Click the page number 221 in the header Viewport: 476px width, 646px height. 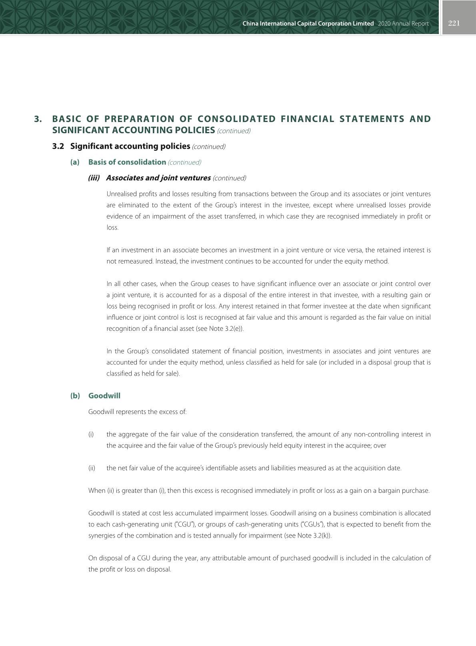[x=454, y=23]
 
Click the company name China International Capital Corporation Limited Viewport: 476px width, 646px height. [x=308, y=24]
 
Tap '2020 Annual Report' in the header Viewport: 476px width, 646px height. [x=403, y=24]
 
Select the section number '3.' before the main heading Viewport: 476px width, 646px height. [x=38, y=119]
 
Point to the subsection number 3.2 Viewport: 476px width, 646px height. [x=58, y=146]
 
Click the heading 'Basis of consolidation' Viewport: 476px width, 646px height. [x=127, y=162]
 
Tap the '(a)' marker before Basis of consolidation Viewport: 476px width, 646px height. [x=75, y=162]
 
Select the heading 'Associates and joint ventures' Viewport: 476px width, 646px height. [x=158, y=178]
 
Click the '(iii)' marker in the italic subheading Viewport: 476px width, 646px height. [x=94, y=178]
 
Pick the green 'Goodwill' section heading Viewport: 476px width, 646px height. [x=104, y=396]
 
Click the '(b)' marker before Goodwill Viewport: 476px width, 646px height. [x=75, y=396]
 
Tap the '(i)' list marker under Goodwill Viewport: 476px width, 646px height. [x=91, y=434]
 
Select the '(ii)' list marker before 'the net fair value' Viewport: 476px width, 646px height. [x=92, y=468]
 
